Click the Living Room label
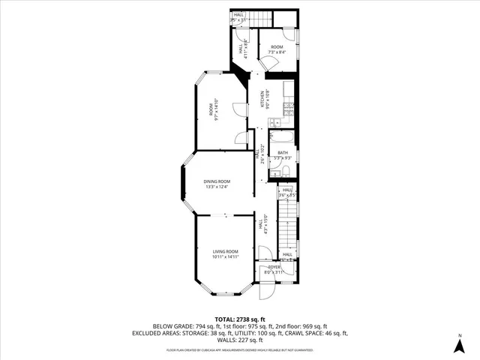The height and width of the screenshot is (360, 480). pyautogui.click(x=225, y=251)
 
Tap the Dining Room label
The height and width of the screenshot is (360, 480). pyautogui.click(x=217, y=181)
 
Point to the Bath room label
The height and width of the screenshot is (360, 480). pyautogui.click(x=283, y=153)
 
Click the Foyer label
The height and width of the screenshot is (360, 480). pyautogui.click(x=275, y=267)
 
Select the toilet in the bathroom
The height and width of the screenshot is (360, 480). pyautogui.click(x=276, y=173)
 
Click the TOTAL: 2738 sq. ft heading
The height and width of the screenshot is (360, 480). pyautogui.click(x=240, y=319)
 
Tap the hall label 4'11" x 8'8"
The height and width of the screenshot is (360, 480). pyautogui.click(x=241, y=50)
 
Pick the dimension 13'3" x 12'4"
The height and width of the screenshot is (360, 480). pyautogui.click(x=217, y=187)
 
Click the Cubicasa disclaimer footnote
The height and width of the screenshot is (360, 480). pyautogui.click(x=240, y=349)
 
